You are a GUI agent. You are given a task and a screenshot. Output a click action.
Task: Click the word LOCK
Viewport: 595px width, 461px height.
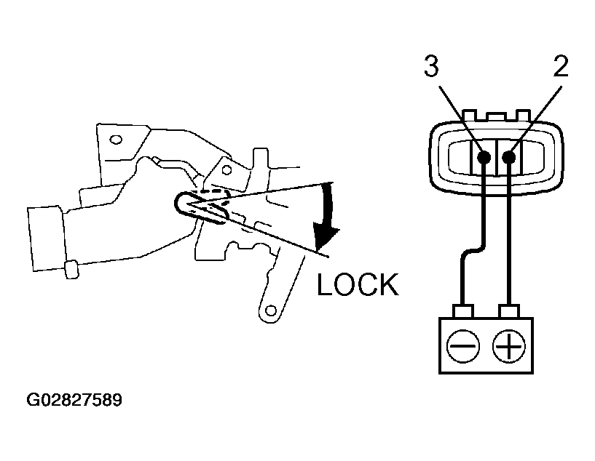[358, 284]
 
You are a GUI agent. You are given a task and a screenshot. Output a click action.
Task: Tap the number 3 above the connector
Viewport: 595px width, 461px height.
[431, 66]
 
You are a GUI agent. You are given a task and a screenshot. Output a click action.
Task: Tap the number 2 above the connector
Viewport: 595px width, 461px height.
[561, 66]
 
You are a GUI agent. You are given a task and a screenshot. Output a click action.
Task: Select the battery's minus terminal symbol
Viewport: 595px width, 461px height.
[463, 346]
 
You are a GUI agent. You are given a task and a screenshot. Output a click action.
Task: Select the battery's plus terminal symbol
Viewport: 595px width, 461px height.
[509, 346]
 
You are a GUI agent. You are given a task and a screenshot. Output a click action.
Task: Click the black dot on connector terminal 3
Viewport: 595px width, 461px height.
[484, 157]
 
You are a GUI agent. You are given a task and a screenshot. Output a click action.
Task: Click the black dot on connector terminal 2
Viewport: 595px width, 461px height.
[509, 157]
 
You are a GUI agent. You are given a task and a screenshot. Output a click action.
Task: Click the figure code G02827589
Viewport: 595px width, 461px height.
[74, 400]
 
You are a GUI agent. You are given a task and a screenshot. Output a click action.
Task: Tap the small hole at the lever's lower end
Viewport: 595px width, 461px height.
[271, 311]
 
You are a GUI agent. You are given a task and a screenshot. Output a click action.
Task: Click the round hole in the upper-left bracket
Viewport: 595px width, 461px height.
[116, 140]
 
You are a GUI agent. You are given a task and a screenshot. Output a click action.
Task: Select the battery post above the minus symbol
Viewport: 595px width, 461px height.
[463, 311]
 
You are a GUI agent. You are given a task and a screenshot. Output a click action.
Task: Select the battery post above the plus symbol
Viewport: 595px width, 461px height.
[509, 311]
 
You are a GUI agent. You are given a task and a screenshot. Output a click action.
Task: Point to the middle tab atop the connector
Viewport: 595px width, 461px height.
[497, 116]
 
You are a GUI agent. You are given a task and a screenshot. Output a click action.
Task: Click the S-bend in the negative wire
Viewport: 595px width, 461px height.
[473, 252]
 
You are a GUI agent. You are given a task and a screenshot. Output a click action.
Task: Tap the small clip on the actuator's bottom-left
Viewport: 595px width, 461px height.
[71, 269]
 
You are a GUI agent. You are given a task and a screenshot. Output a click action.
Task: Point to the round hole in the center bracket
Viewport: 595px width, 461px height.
[226, 169]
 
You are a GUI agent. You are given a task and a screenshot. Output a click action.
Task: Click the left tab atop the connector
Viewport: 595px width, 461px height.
[470, 115]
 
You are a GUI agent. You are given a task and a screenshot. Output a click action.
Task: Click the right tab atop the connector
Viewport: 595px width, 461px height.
[524, 115]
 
